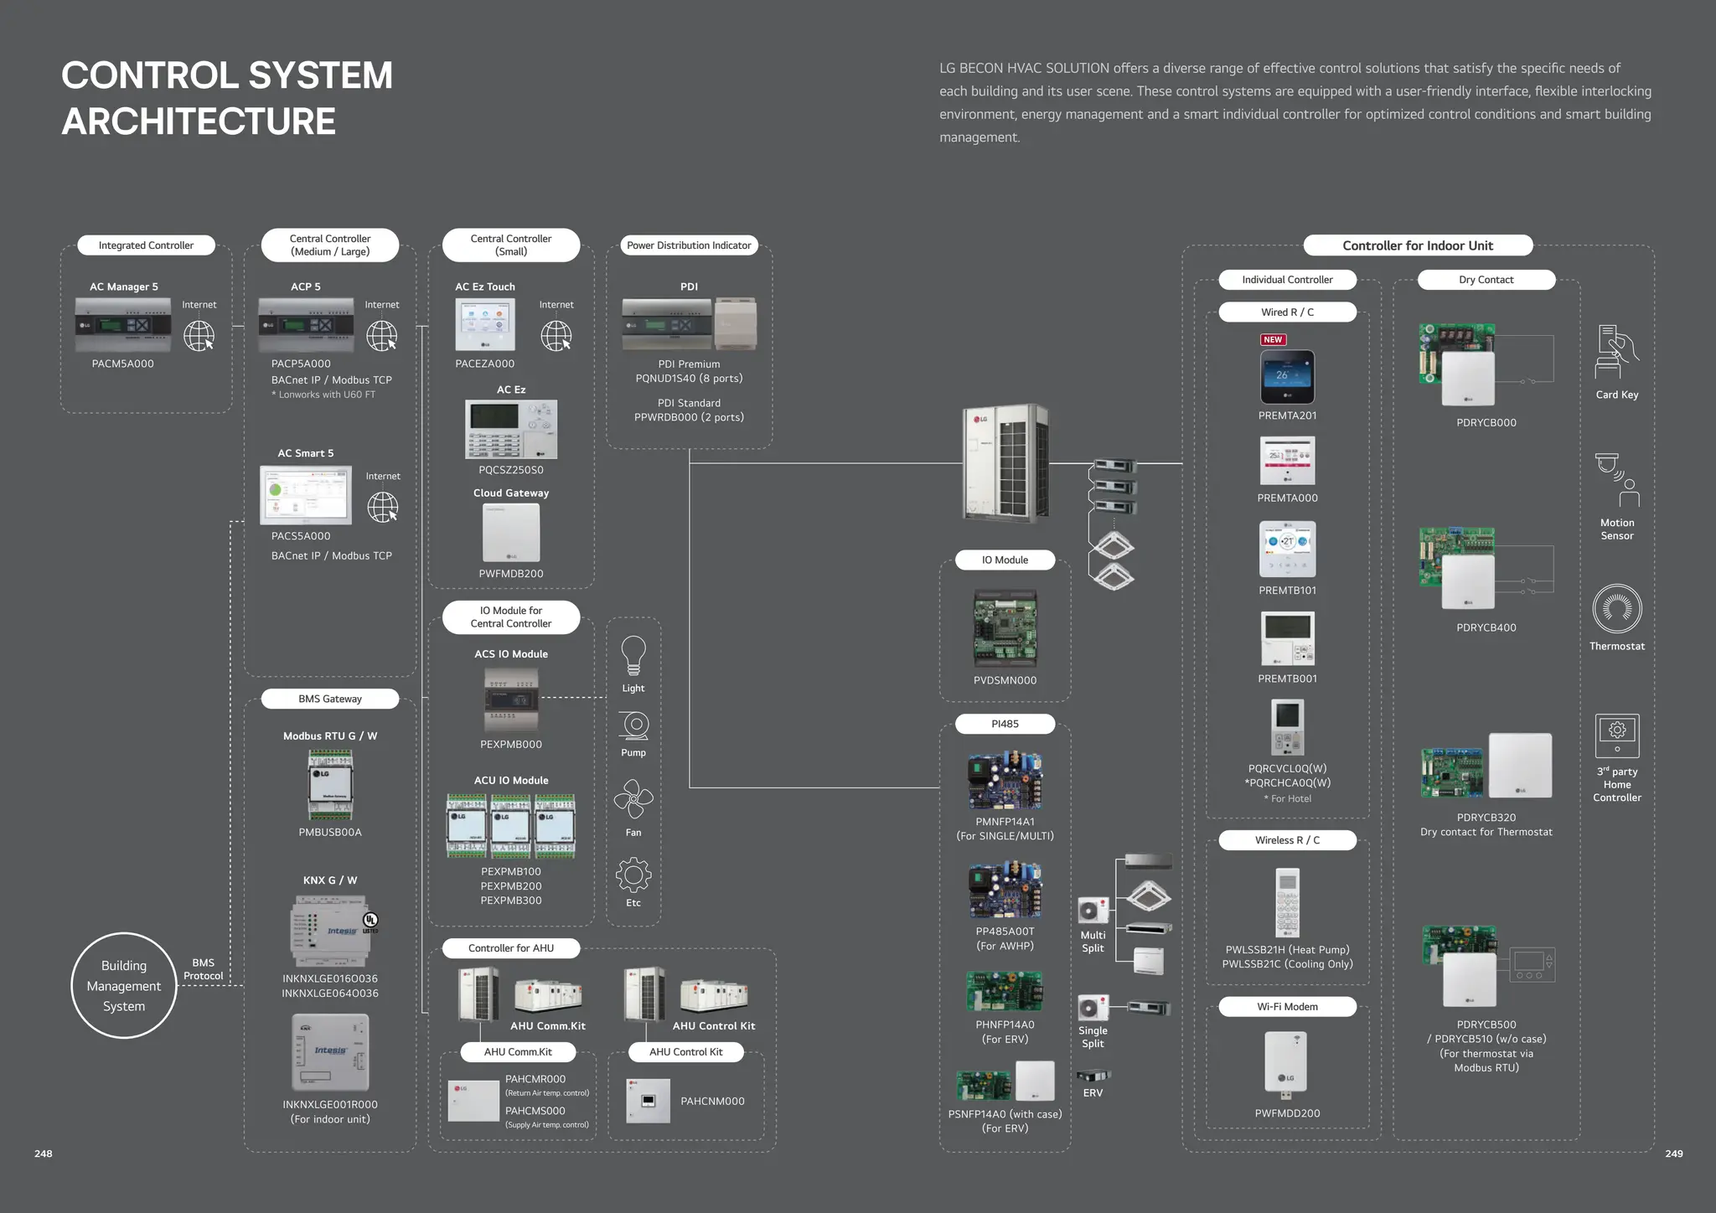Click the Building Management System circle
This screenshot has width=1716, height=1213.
[x=124, y=985]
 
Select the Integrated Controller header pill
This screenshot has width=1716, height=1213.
[x=146, y=245]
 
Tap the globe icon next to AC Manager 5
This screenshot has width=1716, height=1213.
[x=199, y=336]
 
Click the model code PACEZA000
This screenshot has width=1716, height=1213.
[x=485, y=364]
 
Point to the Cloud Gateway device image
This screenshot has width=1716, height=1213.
[x=511, y=533]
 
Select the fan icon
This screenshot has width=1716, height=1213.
[x=633, y=799]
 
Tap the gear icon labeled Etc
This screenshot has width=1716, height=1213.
[x=633, y=875]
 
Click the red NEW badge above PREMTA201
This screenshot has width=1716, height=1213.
[x=1273, y=339]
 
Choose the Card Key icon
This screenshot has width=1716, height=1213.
[x=1616, y=352]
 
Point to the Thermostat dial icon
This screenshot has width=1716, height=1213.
[x=1616, y=608]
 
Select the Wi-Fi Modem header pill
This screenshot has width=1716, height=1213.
[x=1287, y=1007]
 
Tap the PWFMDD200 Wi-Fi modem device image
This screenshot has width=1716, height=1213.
[x=1286, y=1063]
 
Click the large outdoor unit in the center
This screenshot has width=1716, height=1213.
[x=1005, y=462]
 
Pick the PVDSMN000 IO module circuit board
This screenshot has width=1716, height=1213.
[x=1005, y=628]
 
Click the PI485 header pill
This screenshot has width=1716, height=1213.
[x=1005, y=724]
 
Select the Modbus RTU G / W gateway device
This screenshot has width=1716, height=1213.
[x=330, y=784]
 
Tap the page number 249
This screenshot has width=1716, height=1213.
[x=1673, y=1154]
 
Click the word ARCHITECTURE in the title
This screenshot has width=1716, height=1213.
[x=199, y=121]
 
